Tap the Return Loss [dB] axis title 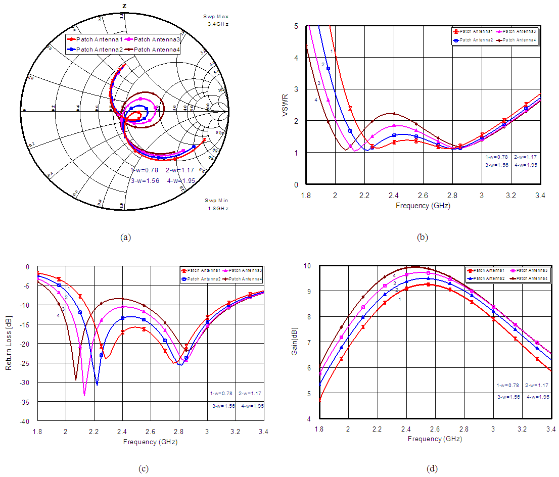tap(9, 344)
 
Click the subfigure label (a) tap(126, 237)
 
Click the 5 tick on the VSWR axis tap(296, 26)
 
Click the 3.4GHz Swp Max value tap(218, 24)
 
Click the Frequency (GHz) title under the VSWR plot tap(423, 206)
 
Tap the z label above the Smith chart tap(124, 6)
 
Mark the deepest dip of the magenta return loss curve tap(84, 395)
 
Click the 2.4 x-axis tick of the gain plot tap(406, 428)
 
